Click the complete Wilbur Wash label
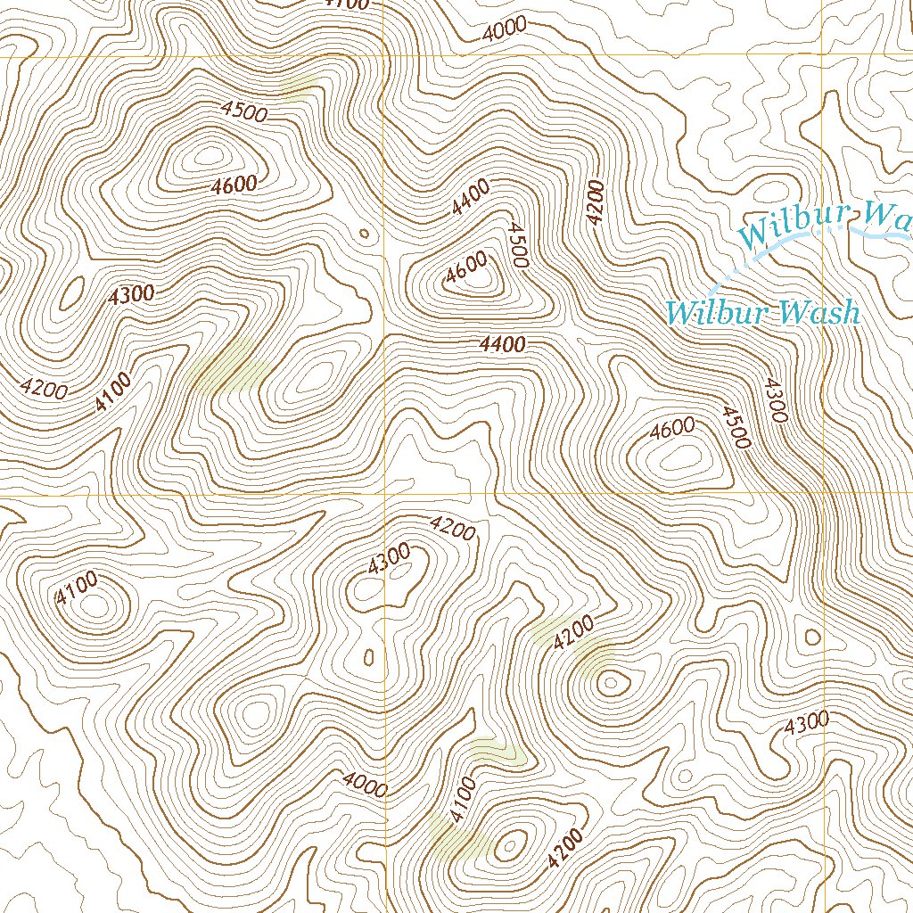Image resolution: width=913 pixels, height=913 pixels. pyautogui.click(x=763, y=312)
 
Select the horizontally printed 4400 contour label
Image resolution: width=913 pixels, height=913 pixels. pyautogui.click(x=502, y=344)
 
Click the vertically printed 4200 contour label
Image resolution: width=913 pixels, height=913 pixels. pyautogui.click(x=596, y=201)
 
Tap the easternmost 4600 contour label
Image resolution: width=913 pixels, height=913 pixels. pyautogui.click(x=672, y=430)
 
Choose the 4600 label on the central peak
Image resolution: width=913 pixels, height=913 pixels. pyautogui.click(x=467, y=267)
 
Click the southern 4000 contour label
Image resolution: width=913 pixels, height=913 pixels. pyautogui.click(x=365, y=785)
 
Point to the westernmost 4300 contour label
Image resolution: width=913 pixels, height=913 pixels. pyautogui.click(x=131, y=295)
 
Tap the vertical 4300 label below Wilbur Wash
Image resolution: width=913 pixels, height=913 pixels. pyautogui.click(x=773, y=399)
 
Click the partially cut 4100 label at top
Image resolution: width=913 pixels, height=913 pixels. pyautogui.click(x=347, y=4)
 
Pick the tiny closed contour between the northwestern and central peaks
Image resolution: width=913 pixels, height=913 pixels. pyautogui.click(x=363, y=234)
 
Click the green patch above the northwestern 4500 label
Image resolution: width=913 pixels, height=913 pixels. pyautogui.click(x=299, y=86)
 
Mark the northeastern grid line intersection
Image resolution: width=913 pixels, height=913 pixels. pyautogui.click(x=821, y=57)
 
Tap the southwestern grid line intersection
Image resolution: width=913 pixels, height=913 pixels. pyautogui.click(x=385, y=494)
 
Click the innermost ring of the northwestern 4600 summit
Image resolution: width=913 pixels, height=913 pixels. pyautogui.click(x=209, y=157)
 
